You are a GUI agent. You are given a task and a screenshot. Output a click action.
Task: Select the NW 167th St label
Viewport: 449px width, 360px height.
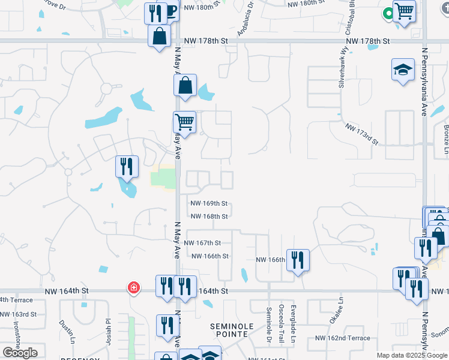[202, 243]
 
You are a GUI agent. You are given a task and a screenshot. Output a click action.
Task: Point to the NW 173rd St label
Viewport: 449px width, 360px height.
[361, 134]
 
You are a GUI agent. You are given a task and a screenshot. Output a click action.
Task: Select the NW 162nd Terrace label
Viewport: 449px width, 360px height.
[343, 338]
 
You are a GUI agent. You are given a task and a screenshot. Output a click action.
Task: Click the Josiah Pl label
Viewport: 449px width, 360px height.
[109, 329]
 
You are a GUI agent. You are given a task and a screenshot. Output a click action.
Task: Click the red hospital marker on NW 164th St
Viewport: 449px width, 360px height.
[133, 289]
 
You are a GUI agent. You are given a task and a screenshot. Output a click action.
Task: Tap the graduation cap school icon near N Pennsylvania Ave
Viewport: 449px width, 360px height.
[403, 70]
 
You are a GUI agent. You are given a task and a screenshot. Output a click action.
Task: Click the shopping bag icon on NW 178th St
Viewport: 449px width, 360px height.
[160, 37]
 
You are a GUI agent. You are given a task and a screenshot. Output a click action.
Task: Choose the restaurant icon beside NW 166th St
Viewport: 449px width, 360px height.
[298, 260]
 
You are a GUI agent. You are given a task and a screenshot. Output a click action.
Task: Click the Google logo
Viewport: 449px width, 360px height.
[20, 353]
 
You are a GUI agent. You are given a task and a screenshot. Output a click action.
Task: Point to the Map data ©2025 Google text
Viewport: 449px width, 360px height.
[411, 355]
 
